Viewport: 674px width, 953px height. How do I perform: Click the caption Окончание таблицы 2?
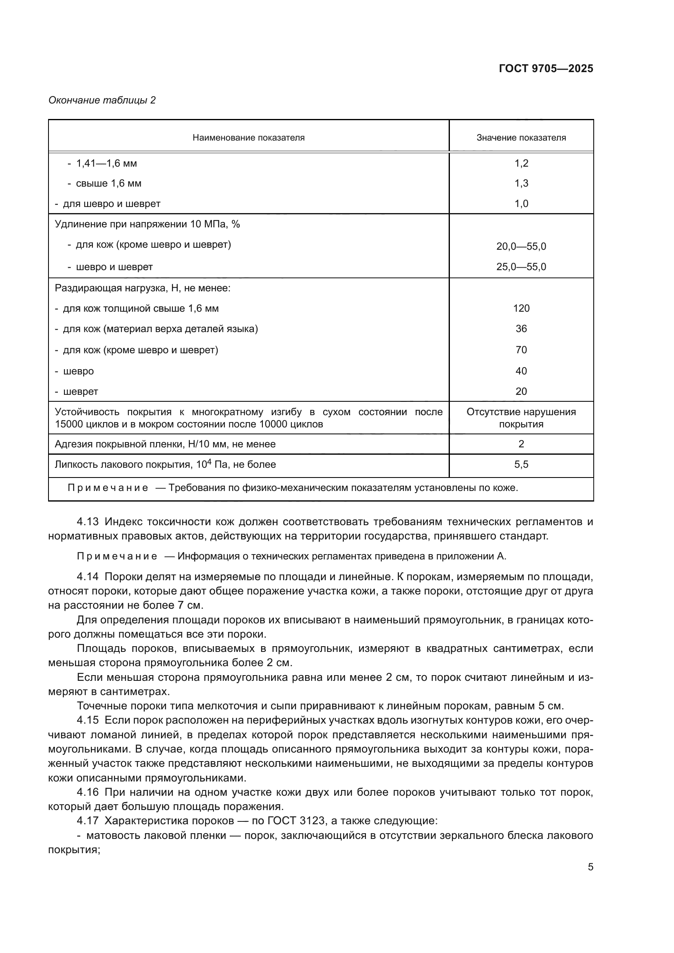102,100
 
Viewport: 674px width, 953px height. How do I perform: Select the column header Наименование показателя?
248,138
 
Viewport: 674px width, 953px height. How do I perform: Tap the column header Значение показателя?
521,138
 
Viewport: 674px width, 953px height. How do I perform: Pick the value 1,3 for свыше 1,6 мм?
521,183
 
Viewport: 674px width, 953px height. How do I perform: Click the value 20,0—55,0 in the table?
521,247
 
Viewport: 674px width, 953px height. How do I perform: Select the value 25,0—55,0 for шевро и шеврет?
521,267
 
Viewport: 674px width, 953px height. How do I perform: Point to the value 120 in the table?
521,308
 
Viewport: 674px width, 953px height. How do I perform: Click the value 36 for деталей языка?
521,329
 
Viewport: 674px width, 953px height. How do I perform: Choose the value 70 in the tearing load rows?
521,350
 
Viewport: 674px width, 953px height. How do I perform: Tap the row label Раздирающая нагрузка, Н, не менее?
142,288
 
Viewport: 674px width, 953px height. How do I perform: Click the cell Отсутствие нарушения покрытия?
521,418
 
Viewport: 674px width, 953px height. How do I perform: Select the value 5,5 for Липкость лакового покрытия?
521,464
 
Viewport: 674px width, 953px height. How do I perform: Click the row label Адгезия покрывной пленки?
165,444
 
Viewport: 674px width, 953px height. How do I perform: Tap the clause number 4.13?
88,522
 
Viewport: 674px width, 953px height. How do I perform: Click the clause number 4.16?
88,792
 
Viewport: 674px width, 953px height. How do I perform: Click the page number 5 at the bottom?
590,867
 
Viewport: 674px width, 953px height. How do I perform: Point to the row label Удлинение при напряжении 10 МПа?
148,224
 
